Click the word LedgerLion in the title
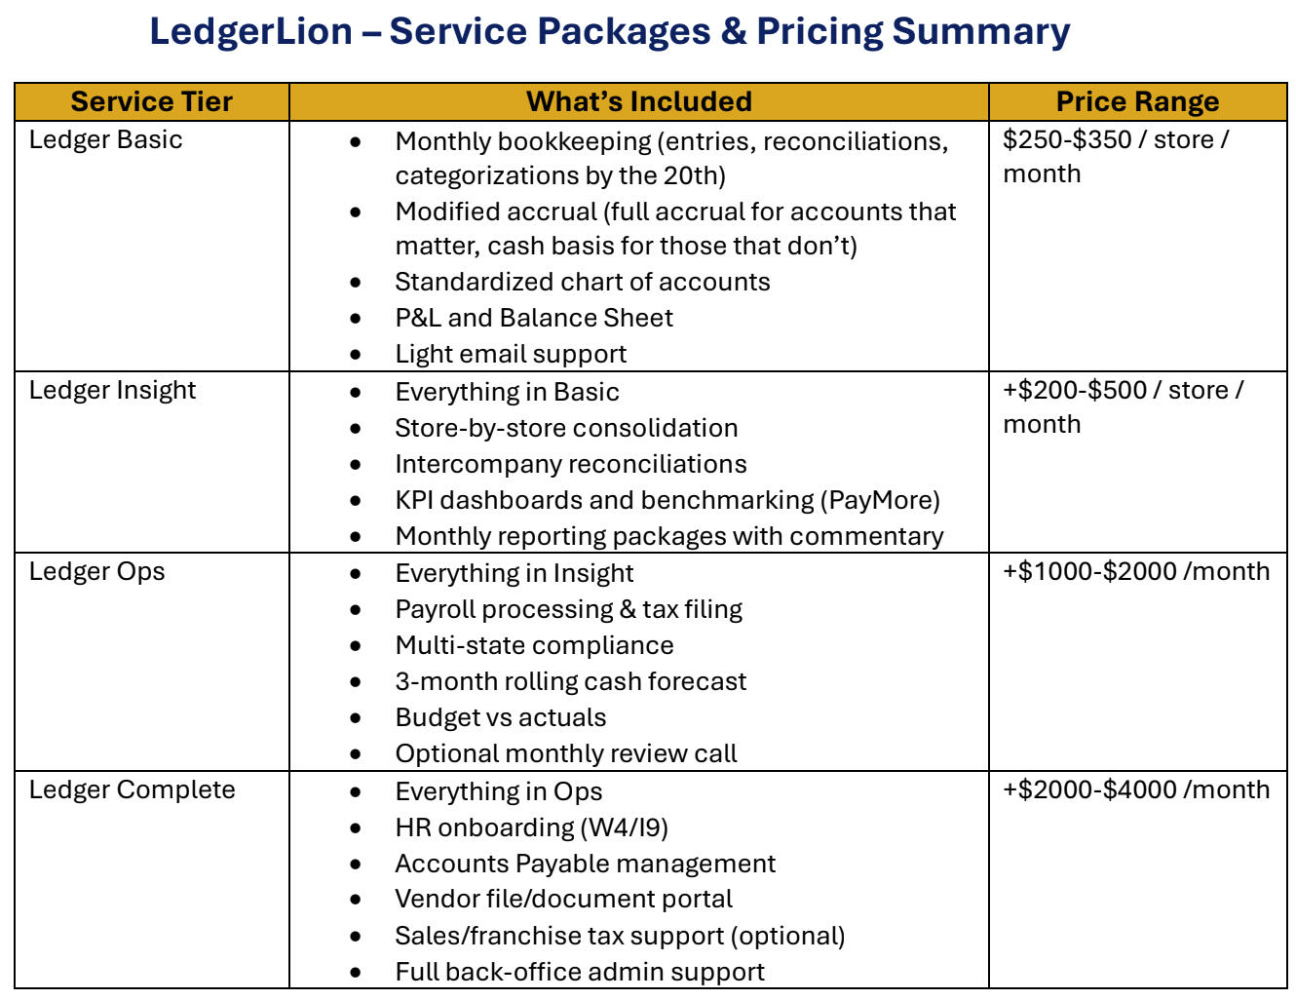pyautogui.click(x=250, y=31)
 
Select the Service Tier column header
pyautogui.click(x=152, y=101)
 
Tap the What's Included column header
pyautogui.click(x=638, y=101)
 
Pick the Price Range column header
pyautogui.click(x=1137, y=101)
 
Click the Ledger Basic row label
pyautogui.click(x=105, y=139)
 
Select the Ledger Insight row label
pyautogui.click(x=112, y=390)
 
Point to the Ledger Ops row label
pyautogui.click(x=96, y=571)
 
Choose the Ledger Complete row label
pyautogui.click(x=132, y=789)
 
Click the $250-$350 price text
pyautogui.click(x=1067, y=139)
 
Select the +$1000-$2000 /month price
pyautogui.click(x=1136, y=571)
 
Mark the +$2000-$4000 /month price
pyautogui.click(x=1136, y=789)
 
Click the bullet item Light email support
pyautogui.click(x=511, y=354)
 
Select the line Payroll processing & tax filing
pyautogui.click(x=568, y=609)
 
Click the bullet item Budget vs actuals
pyautogui.click(x=500, y=717)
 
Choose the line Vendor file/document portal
pyautogui.click(x=563, y=899)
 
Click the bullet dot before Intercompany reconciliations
pyautogui.click(x=356, y=465)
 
